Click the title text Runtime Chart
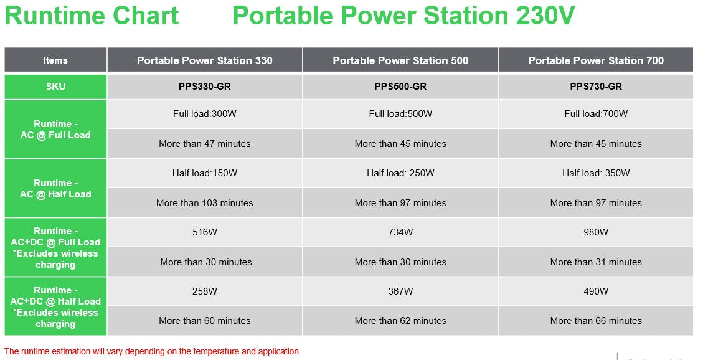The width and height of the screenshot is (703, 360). [x=92, y=16]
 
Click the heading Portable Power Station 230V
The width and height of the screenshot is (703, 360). [x=403, y=16]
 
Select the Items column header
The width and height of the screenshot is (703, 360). [x=55, y=60]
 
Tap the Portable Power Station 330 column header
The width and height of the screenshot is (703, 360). [x=205, y=60]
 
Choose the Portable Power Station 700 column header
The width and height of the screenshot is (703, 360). [x=596, y=60]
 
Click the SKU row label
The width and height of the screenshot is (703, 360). [x=55, y=87]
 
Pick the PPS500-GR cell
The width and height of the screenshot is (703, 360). [x=400, y=87]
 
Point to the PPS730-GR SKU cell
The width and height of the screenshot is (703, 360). [x=596, y=87]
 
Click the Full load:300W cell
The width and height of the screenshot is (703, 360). [x=205, y=114]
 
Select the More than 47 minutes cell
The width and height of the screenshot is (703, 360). [x=205, y=144]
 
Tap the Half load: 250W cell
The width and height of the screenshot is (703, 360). [x=400, y=173]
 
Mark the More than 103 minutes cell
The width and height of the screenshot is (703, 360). [x=205, y=203]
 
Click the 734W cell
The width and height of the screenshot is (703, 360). [x=400, y=232]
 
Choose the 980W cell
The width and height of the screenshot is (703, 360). [x=596, y=232]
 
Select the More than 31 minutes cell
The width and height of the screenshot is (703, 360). [x=596, y=262]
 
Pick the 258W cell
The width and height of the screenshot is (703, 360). [x=205, y=291]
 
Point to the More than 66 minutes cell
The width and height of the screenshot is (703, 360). [x=596, y=321]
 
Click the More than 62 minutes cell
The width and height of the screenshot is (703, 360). [x=400, y=321]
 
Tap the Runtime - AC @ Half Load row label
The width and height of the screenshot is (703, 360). [x=55, y=189]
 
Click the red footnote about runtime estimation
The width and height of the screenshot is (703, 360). [x=153, y=351]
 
